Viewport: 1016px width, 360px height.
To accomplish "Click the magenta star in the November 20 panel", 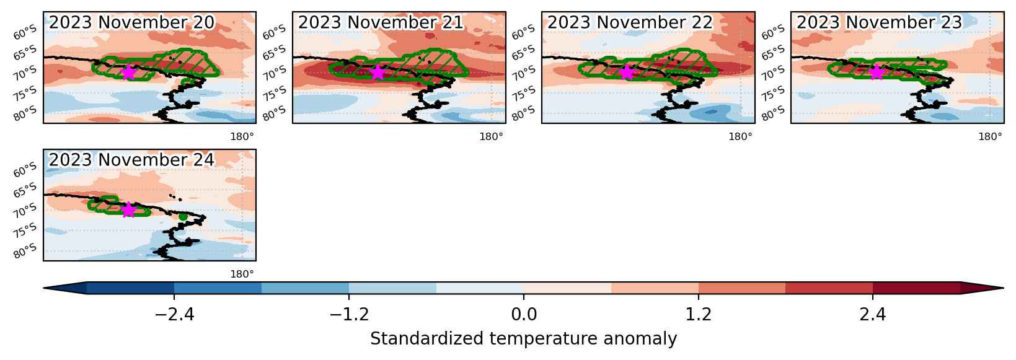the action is [128, 72].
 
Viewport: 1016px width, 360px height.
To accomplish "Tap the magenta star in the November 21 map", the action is [378, 72].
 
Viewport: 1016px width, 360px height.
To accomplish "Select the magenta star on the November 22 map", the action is [626, 72].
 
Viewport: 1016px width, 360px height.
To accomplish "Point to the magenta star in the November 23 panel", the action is [877, 72].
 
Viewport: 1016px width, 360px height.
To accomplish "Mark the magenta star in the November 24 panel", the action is [128, 209].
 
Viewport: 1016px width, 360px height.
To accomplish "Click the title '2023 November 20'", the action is [131, 22].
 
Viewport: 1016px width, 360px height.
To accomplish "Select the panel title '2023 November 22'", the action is [630, 22].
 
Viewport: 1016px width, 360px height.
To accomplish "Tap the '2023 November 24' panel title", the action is [131, 160].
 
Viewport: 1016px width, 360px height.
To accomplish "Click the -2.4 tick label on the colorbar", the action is [174, 314].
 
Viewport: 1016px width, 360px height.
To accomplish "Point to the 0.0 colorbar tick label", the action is [524, 314].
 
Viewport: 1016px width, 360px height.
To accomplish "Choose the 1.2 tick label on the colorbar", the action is [699, 314].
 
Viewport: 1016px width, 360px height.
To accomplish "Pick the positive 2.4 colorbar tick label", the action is [873, 314].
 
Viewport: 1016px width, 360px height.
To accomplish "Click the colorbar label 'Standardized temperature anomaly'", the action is [523, 339].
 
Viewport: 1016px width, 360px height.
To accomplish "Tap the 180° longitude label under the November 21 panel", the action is [491, 136].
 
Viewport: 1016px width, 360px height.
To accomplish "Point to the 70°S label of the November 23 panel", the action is [773, 73].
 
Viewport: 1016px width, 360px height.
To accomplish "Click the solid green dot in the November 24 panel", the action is [183, 216].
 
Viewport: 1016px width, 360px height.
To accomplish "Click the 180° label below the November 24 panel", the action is [242, 274].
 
